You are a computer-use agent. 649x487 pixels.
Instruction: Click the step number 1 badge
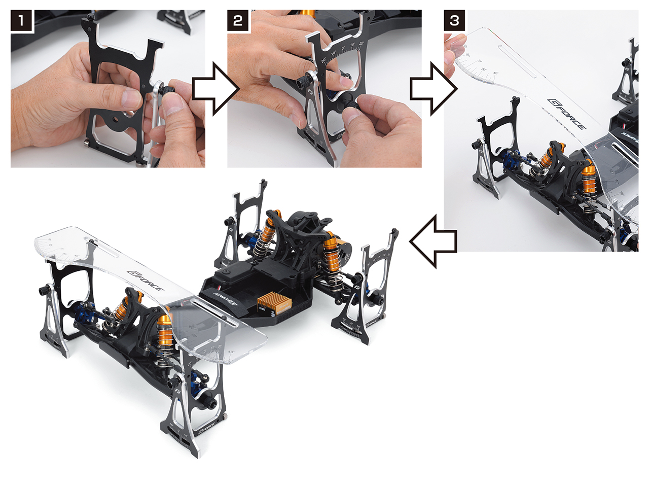click(21, 21)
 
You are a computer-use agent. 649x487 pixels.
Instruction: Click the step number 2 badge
click(237, 21)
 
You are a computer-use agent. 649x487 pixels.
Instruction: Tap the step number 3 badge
click(454, 21)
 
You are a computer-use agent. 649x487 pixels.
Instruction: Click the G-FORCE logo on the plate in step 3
click(566, 115)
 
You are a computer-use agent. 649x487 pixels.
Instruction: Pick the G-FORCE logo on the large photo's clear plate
click(147, 281)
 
